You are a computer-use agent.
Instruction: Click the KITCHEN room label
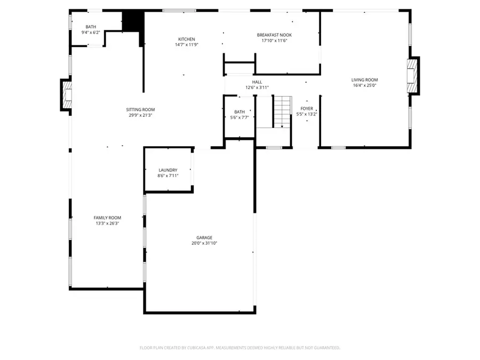pyautogui.click(x=186, y=39)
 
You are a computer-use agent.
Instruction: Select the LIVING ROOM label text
pyautogui.click(x=364, y=80)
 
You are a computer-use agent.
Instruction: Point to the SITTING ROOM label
pyautogui.click(x=140, y=109)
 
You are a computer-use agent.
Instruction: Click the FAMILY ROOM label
pyautogui.click(x=107, y=218)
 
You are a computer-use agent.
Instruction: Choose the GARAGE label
pyautogui.click(x=204, y=237)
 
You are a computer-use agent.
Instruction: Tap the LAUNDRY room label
pyautogui.click(x=167, y=170)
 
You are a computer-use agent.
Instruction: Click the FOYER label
pyautogui.click(x=307, y=108)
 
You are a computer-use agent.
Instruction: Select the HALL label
pyautogui.click(x=257, y=82)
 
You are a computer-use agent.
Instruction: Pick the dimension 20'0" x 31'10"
pyautogui.click(x=204, y=243)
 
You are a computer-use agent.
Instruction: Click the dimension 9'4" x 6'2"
pyautogui.click(x=90, y=33)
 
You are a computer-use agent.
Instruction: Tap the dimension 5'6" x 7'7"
pyautogui.click(x=239, y=117)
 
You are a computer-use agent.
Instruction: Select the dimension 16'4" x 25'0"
pyautogui.click(x=364, y=85)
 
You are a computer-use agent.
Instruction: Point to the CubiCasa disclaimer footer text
pyautogui.click(x=240, y=348)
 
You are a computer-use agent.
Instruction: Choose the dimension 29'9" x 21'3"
pyautogui.click(x=140, y=115)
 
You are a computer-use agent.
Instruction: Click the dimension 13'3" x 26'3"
pyautogui.click(x=107, y=223)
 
